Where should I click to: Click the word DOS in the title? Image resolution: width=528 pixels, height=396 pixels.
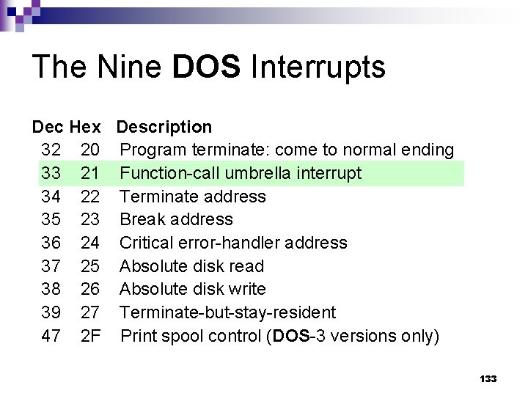coord(206,67)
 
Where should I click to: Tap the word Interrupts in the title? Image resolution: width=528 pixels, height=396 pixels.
coord(318,67)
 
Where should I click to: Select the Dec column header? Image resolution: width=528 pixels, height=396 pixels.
coord(48,128)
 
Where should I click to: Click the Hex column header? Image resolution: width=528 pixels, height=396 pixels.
coord(85,128)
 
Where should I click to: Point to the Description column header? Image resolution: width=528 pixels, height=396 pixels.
coord(164,128)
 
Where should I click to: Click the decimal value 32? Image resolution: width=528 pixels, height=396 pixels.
coord(51,150)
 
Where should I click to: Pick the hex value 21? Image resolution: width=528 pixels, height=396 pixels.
coord(90,174)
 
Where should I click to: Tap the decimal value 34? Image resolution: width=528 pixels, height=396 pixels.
coord(51,197)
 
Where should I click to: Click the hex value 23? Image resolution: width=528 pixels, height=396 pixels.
coord(90,220)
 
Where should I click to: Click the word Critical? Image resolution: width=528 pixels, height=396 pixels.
coord(146,243)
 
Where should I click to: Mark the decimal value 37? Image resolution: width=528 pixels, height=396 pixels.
coord(51,266)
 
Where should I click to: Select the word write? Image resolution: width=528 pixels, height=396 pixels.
coord(249,290)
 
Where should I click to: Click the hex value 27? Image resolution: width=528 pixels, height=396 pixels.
coord(90,312)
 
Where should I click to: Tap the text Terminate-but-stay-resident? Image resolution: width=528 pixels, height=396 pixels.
coord(227,312)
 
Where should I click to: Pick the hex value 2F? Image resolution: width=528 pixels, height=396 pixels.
coord(90,336)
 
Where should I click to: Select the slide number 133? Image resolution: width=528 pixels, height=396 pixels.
coord(488,378)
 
